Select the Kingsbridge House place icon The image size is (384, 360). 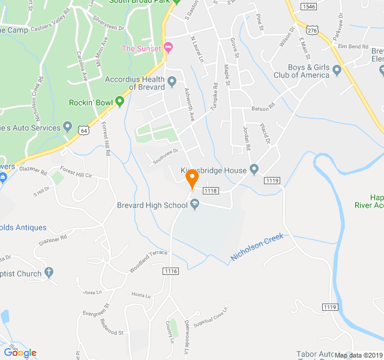point(254,170)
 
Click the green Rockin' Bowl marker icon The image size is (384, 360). point(119,103)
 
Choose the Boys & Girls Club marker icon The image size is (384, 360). point(337,71)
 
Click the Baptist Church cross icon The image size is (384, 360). point(49,274)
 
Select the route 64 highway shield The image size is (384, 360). point(83,130)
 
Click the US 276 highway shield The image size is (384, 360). point(311,29)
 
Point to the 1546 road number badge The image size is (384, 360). point(309,7)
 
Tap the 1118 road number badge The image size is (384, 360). point(210,191)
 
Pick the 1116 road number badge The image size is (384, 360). point(171,272)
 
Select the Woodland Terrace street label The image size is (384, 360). point(148,260)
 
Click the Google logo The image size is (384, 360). point(20,353)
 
